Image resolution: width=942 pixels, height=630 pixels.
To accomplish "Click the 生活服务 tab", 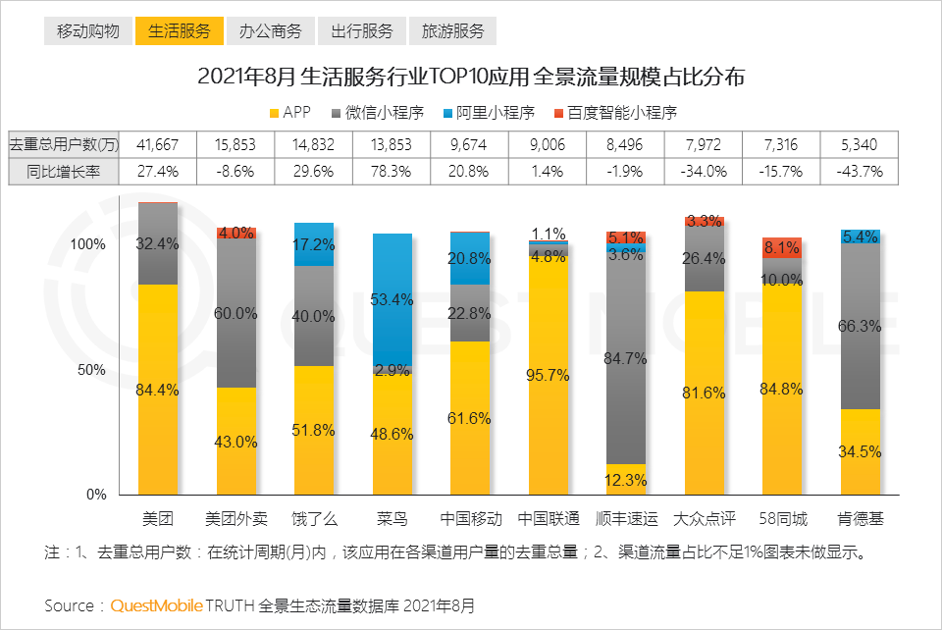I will (x=180, y=31).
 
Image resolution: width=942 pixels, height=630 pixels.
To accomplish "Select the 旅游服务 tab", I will (x=452, y=31).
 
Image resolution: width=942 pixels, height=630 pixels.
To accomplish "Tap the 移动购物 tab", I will (x=88, y=31).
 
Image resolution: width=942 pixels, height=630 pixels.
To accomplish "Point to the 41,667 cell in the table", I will (x=158, y=144).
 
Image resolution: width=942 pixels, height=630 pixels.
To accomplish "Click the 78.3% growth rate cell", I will (x=392, y=171).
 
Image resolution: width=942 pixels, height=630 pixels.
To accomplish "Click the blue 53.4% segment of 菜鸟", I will (x=392, y=299).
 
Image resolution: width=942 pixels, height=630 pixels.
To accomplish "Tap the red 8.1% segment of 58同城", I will (x=782, y=247).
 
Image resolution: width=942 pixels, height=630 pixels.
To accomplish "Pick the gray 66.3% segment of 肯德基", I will (x=860, y=326).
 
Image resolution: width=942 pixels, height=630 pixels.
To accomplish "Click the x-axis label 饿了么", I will (x=314, y=519).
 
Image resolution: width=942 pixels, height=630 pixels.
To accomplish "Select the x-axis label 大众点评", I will (x=704, y=519).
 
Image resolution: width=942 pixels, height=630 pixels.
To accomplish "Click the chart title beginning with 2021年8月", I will (x=471, y=77).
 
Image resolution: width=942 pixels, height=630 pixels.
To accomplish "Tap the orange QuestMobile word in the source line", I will (x=156, y=605).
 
